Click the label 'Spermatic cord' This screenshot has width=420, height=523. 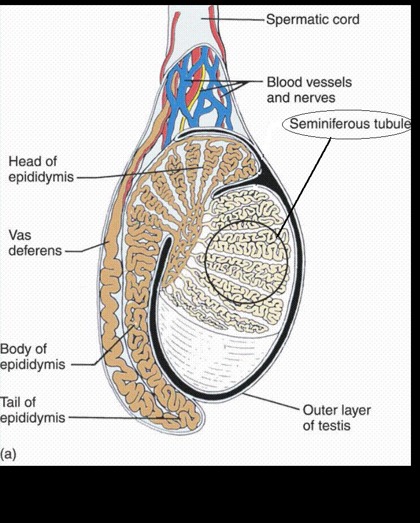[x=313, y=20]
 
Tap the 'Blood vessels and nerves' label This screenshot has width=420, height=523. [x=309, y=90]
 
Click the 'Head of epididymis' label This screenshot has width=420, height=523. [x=41, y=169]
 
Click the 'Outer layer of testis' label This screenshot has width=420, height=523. [x=337, y=417]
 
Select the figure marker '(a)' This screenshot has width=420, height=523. [x=8, y=454]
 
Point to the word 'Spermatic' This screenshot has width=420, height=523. [x=295, y=20]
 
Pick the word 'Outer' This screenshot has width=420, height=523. [x=321, y=410]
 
